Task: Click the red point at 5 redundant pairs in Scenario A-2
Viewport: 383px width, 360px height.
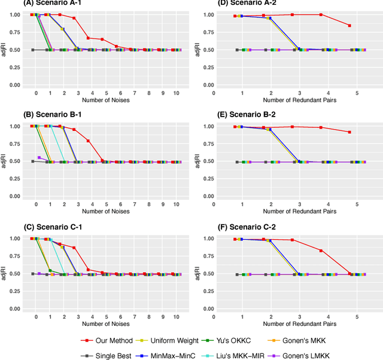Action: pos(349,26)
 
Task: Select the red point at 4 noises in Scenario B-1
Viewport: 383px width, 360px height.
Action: pos(88,141)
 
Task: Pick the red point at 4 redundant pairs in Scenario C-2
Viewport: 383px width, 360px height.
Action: pos(321,251)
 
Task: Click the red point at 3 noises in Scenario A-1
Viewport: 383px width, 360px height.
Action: pos(74,18)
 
